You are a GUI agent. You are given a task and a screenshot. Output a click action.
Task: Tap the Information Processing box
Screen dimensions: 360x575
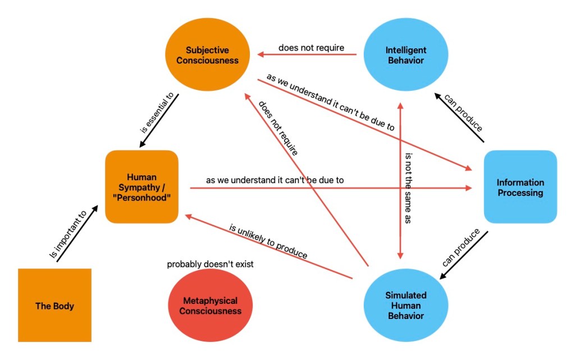pos(520,188)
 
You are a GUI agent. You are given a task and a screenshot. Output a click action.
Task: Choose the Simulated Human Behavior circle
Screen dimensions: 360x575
pos(405,306)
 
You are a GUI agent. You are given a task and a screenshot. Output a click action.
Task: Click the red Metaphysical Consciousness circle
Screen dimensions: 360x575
pos(210,306)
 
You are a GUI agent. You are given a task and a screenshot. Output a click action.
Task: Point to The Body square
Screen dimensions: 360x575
pos(54,306)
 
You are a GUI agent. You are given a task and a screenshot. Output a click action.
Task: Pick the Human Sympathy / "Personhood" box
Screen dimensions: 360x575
pos(142,187)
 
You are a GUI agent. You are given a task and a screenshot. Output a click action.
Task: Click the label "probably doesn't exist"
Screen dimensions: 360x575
pos(210,264)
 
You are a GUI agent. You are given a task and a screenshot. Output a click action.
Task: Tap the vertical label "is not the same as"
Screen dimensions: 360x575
pos(408,189)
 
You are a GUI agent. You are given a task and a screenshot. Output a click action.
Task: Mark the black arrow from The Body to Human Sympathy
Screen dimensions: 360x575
pos(77,234)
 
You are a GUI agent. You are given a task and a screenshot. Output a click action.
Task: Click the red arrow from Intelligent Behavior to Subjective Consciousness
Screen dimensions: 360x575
pos(307,54)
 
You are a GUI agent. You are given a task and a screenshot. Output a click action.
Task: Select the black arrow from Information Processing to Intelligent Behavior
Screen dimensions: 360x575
pos(459,117)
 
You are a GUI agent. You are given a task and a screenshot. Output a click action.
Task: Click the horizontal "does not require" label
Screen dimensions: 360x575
pos(311,48)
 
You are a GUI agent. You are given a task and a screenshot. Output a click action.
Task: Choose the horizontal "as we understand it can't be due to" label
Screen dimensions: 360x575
pos(275,180)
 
